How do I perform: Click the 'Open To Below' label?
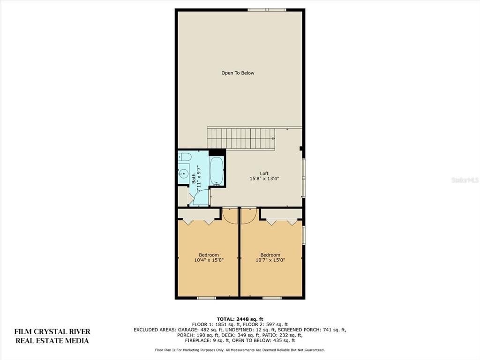tap(238, 73)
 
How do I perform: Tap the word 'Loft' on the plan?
tap(264, 173)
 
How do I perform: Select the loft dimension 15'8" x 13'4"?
tap(264, 179)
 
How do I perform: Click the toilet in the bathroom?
tap(185, 157)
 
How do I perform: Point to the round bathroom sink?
tap(183, 174)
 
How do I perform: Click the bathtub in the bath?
tap(217, 171)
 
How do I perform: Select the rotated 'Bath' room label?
tap(194, 179)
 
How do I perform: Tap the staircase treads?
tap(241, 138)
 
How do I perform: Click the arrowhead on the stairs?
tap(273, 139)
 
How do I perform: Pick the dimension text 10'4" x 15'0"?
tap(209, 260)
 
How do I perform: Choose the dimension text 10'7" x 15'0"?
tap(270, 260)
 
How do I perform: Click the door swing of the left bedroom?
tap(230, 216)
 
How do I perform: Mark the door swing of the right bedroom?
tap(248, 216)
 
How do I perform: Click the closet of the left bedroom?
tap(199, 214)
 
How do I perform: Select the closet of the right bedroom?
tap(281, 214)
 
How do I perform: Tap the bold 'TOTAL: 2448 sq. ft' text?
tap(240, 319)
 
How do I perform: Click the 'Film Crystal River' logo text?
tap(52, 331)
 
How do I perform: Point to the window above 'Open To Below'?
tap(267, 10)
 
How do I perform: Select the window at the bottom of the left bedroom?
tap(207, 298)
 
